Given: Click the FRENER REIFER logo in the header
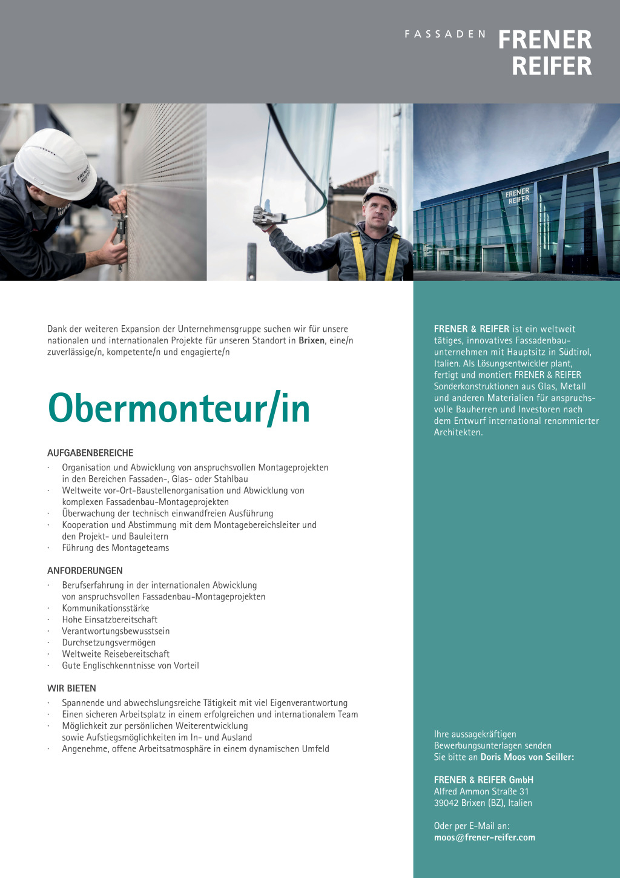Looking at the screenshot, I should [x=545, y=53].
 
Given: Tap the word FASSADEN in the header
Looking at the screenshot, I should [x=445, y=35].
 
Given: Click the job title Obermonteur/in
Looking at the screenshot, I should [x=179, y=408].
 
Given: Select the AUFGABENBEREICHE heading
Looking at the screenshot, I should [x=90, y=453].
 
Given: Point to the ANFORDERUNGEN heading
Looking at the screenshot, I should [x=85, y=570].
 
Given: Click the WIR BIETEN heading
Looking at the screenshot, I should [x=71, y=688].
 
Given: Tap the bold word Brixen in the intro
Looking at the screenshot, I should [x=311, y=340].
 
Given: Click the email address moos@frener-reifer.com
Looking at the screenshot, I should [x=484, y=837].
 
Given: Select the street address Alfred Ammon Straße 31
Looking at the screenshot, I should [x=481, y=791].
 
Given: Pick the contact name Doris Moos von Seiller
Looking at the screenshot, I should [x=527, y=757].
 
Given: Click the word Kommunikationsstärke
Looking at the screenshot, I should [x=105, y=608].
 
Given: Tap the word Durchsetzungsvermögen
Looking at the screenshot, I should [x=108, y=642].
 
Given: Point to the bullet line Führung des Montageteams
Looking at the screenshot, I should [x=115, y=548].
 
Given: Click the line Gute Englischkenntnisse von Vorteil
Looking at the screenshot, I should [x=130, y=665].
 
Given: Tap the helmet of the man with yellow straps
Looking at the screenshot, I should [x=380, y=194].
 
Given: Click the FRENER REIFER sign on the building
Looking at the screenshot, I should [x=518, y=196].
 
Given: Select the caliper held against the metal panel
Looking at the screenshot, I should [x=120, y=233].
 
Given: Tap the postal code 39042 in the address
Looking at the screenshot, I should [x=446, y=803].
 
